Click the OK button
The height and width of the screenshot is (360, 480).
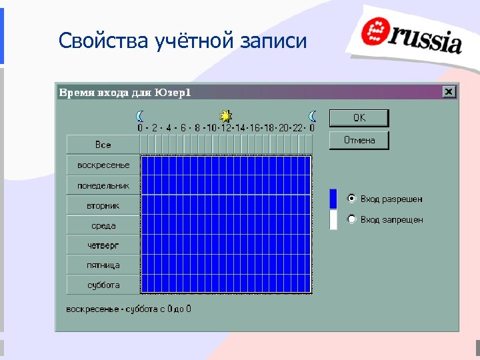coord(359,118)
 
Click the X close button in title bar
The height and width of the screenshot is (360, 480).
coord(449,92)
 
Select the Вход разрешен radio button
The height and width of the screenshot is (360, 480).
coord(352,199)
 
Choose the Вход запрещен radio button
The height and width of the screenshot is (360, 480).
coord(352,219)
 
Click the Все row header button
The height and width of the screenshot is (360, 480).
coord(103,145)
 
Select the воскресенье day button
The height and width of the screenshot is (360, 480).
coord(103,165)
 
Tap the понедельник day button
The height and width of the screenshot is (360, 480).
coord(103,185)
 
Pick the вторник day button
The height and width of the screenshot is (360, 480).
coord(103,205)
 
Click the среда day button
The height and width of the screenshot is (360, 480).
coord(103,225)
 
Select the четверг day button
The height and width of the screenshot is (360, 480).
coord(103,245)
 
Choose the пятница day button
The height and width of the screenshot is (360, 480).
coord(103,265)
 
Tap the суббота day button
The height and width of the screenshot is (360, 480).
coord(103,285)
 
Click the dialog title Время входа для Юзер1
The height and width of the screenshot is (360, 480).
coord(125,92)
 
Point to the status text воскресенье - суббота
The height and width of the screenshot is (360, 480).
coord(129,309)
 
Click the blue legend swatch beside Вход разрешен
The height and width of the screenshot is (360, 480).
coord(333,199)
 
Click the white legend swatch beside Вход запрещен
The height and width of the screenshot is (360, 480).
coord(333,219)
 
